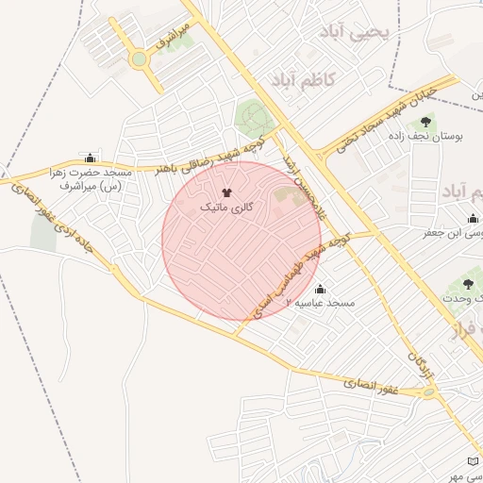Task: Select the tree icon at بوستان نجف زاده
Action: point(425,122)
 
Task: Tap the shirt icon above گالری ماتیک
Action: point(225,192)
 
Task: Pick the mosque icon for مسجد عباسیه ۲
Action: point(319,289)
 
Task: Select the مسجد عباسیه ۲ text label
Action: point(326,304)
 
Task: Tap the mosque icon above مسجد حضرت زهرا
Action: point(90,158)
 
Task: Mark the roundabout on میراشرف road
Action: point(140,59)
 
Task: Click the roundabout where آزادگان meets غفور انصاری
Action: point(431,391)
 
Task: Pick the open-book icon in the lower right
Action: point(473,461)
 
